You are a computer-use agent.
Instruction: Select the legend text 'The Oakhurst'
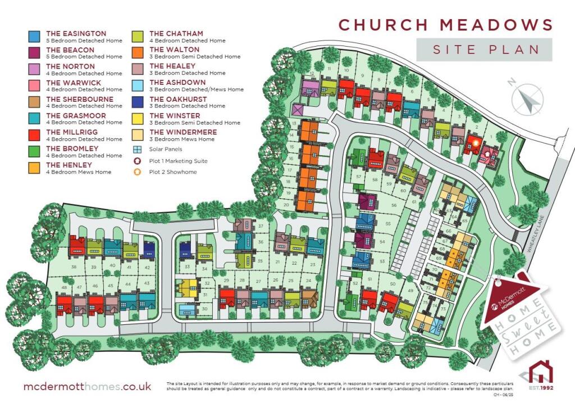coord(178,100)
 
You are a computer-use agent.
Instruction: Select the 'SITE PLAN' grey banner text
coord(484,50)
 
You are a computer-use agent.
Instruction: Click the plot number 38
coord(75,267)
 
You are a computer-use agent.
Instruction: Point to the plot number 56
coord(394,206)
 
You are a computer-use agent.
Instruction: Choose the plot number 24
coord(308,280)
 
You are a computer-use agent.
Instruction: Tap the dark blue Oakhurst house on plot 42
coord(149,248)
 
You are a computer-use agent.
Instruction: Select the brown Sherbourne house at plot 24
coord(309,296)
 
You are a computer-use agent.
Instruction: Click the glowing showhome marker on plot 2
coord(473,143)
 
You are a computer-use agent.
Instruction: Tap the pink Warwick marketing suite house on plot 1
coord(488,155)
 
